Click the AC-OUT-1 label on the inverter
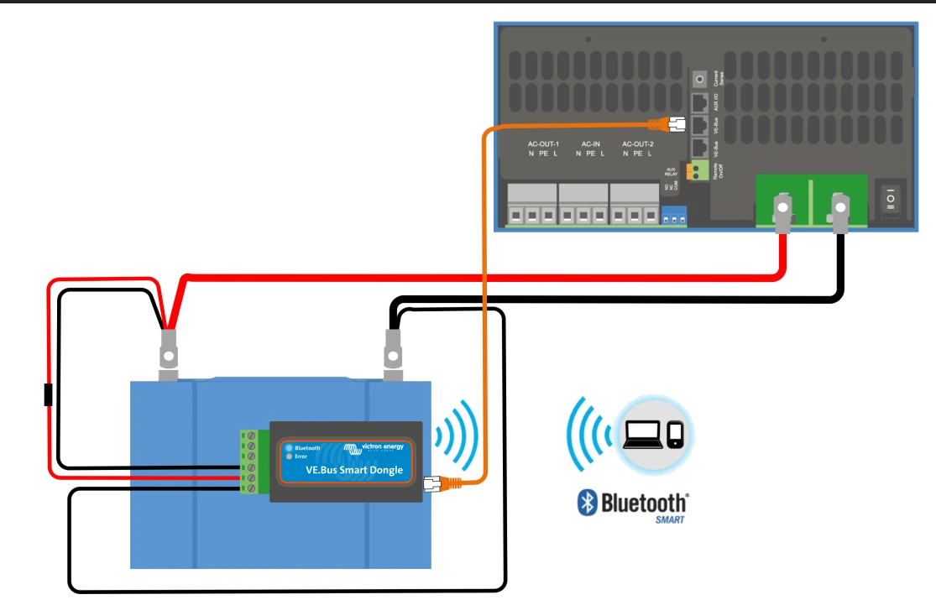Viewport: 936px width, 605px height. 543,144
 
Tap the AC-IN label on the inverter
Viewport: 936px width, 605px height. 591,144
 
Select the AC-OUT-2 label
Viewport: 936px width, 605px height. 638,144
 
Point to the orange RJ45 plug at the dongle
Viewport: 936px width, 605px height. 433,483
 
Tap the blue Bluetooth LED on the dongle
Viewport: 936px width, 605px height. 289,447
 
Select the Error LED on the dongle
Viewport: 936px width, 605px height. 289,456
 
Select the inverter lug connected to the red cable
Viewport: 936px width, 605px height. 782,211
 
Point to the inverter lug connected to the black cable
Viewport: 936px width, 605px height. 839,211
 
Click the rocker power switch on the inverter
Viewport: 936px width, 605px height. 891,198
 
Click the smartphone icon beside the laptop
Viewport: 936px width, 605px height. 676,434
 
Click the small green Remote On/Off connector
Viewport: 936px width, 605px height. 695,171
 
